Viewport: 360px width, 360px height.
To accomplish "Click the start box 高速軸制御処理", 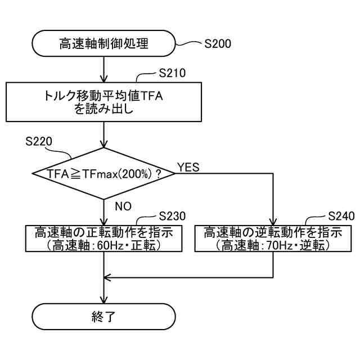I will pyautogui.click(x=105, y=43).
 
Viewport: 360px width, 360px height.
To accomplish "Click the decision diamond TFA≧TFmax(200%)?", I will pyautogui.click(x=105, y=173).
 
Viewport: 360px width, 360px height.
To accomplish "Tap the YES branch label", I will pyautogui.click(x=188, y=167).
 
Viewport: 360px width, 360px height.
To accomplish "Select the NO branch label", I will pyautogui.click(x=123, y=206).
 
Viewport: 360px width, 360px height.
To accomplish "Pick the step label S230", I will pyautogui.click(x=172, y=215).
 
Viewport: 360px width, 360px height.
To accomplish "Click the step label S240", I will pyautogui.click(x=341, y=215).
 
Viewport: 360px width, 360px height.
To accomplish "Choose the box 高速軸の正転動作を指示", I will pyautogui.click(x=105, y=238).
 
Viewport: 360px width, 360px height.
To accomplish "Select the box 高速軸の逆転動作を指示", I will pyautogui.click(x=273, y=238).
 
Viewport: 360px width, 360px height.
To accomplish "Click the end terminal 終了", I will pyautogui.click(x=105, y=317).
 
